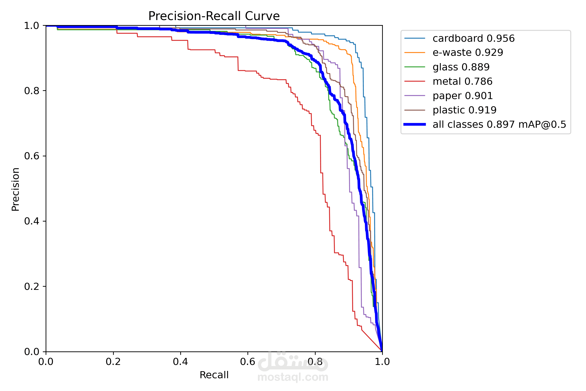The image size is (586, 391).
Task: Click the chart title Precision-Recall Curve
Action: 214,16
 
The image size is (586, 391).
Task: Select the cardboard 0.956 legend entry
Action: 473,38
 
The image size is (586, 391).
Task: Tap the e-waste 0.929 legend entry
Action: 467,53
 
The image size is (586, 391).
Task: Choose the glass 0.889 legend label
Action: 461,67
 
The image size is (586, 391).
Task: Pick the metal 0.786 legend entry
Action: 462,81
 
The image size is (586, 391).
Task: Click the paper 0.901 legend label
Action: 463,96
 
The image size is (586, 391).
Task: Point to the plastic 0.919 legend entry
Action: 464,110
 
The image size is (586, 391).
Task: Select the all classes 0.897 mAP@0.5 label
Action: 499,124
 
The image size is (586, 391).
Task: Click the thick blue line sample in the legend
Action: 415,124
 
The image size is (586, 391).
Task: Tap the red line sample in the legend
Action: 415,81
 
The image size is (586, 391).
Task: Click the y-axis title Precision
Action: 16,189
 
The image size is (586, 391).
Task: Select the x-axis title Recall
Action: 214,375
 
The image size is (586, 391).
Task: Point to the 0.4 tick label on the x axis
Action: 180,362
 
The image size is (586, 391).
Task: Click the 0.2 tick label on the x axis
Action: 113,362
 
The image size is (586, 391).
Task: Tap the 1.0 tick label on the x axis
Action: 382,362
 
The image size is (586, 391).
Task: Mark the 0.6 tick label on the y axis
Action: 32,156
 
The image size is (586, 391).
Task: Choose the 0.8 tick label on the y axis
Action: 32,91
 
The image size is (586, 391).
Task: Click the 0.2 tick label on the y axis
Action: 32,286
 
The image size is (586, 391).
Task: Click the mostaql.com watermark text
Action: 293,377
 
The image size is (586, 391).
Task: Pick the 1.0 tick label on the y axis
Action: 32,26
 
